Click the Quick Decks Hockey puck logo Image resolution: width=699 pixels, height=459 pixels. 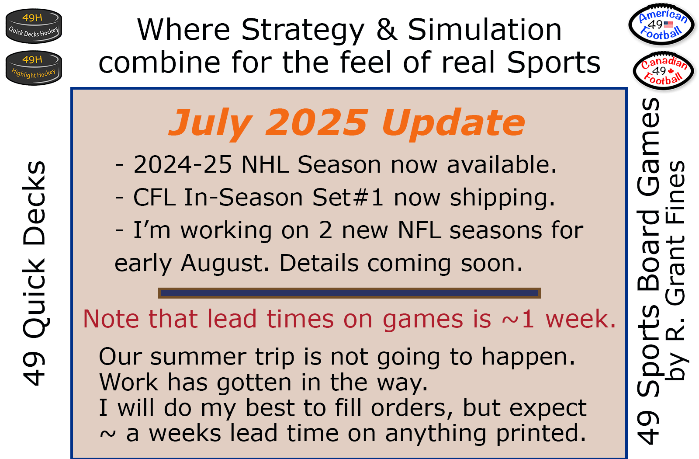point(34,26)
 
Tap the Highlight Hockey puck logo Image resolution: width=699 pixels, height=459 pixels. point(34,68)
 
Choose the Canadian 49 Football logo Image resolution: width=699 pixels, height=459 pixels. point(664,71)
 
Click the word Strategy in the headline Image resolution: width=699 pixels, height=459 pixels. point(303,30)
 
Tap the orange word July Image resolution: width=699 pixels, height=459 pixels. point(211,123)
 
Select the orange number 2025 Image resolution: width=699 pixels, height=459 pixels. point(316,122)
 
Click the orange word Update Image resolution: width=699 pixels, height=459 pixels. point(453,123)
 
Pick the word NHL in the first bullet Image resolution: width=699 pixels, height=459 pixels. point(265,164)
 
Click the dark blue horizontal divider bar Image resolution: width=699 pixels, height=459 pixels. point(349,293)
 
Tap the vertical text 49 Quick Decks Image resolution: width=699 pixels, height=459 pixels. point(34,273)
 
